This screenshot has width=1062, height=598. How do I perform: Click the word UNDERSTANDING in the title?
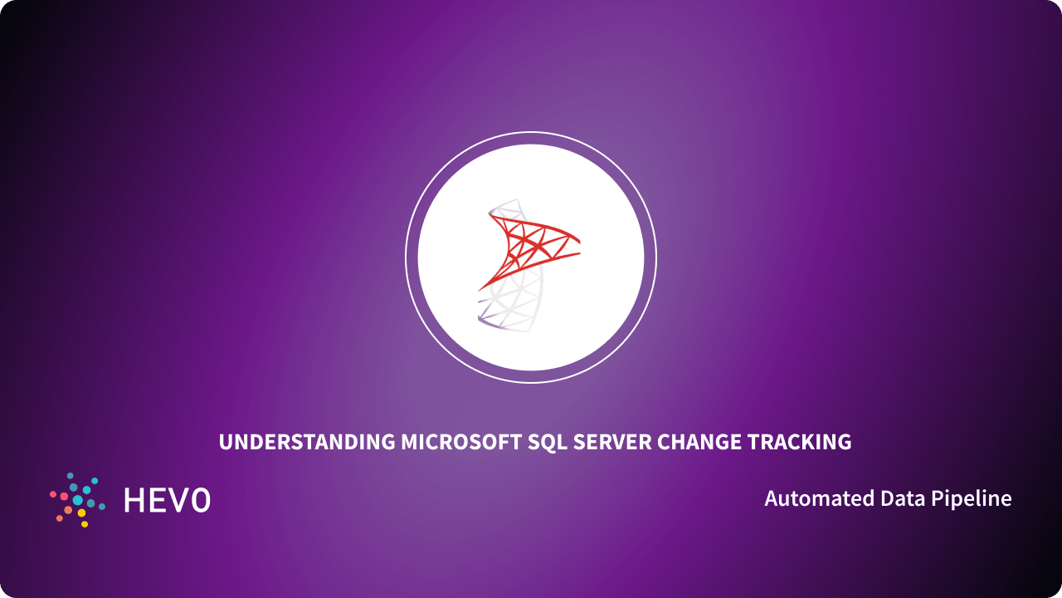pos(307,442)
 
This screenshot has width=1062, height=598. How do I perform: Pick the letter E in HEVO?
pos(158,500)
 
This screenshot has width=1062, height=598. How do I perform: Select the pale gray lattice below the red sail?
pos(514,303)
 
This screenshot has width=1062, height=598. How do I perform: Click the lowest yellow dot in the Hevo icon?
pos(85,524)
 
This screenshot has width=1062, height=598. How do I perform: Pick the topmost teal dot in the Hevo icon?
pos(70,476)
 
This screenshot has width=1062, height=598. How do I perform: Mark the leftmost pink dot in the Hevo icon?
pos(53,494)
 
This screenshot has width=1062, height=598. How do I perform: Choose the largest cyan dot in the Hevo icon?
pos(77,500)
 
